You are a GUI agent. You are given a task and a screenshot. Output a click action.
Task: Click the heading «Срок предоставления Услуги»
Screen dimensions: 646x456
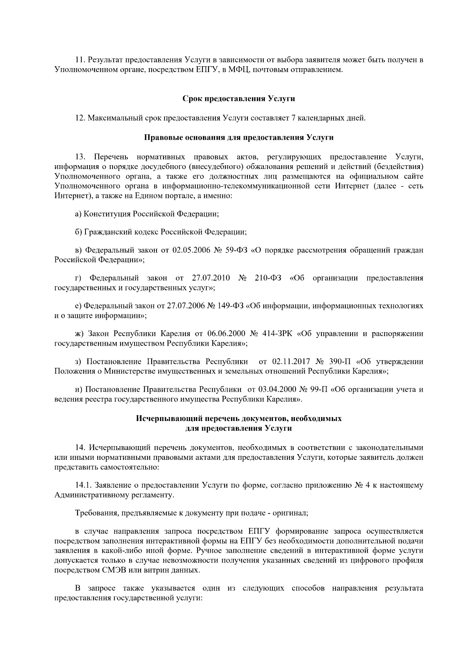click(x=239, y=99)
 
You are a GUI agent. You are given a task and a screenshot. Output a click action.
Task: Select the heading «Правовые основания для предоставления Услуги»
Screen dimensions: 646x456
click(x=239, y=137)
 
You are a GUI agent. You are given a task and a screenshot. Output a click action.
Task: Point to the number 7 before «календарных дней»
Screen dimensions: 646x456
click(x=293, y=118)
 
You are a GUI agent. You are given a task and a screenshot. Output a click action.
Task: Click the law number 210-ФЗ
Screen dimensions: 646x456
click(x=268, y=278)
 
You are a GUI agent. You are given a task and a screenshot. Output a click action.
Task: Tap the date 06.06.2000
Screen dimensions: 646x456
click(x=226, y=334)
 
